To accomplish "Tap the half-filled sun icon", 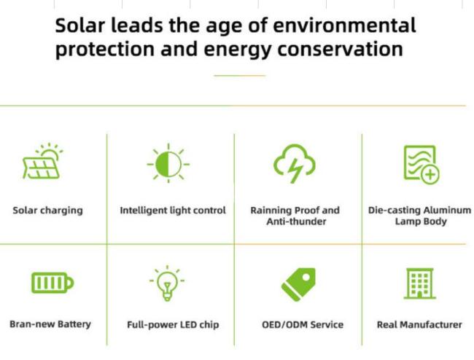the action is coord(168,164).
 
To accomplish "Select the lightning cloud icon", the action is coord(295,163).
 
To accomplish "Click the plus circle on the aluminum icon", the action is coord(430,175).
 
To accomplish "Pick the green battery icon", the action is coord(53,283).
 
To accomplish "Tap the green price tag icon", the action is coord(299,284).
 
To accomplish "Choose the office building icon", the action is coord(419,283).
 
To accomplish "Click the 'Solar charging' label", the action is coord(47,211).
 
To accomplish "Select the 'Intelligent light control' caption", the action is coord(173,210).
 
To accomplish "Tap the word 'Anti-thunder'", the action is coord(296,222).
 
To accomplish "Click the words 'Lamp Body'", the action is coord(421,222).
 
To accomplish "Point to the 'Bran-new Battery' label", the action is coord(50,324).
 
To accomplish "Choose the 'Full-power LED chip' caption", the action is coord(173,325).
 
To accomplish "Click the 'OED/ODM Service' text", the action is coord(303,325).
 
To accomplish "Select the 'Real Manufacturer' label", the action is coord(419,325).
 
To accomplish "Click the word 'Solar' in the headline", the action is coord(79,26).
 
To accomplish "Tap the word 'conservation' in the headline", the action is coord(340,50).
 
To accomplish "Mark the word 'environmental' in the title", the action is coord(345,26).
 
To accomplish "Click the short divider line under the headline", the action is coord(240,76).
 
